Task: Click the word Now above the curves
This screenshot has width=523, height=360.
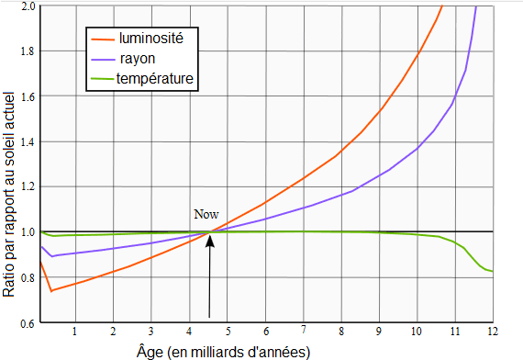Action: click(206, 215)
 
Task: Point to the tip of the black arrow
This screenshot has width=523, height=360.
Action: click(211, 233)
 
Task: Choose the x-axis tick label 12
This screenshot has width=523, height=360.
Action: click(492, 332)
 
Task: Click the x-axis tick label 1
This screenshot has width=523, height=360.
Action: click(74, 332)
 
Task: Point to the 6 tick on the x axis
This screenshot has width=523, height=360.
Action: click(264, 332)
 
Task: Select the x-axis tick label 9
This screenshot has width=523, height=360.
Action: click(378, 332)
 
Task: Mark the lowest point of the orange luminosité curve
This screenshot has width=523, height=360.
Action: click(50, 291)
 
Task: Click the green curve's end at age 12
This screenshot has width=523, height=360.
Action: click(493, 271)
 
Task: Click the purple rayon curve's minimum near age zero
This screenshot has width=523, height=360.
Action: click(50, 255)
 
